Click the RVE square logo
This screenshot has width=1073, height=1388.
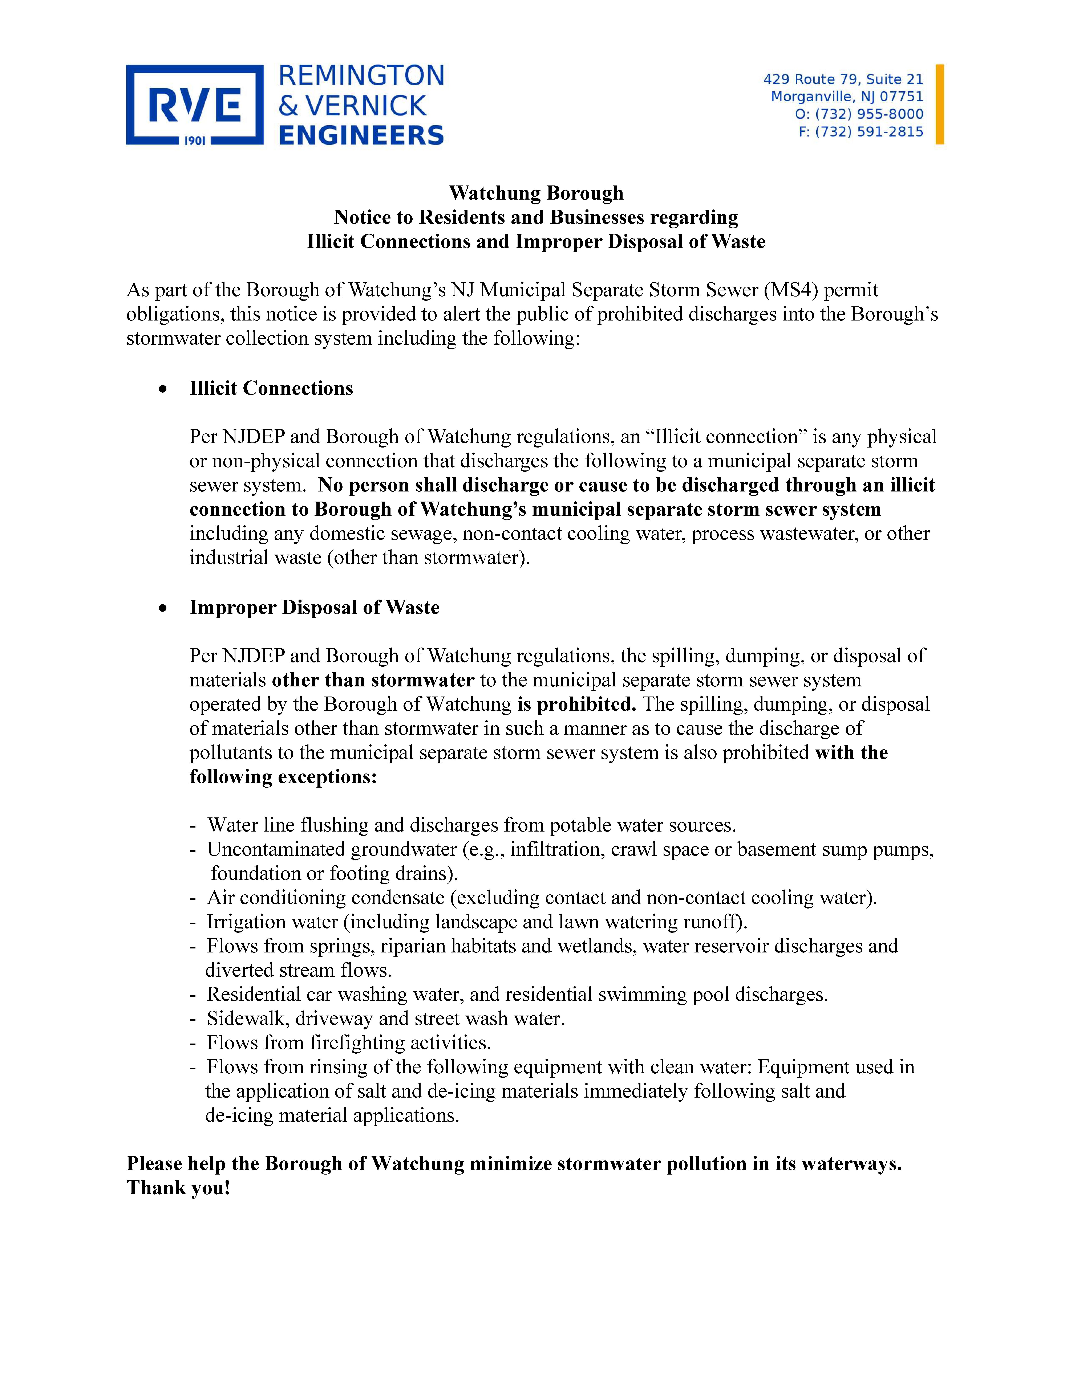pos(195,105)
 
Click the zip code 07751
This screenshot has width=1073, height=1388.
pos(901,97)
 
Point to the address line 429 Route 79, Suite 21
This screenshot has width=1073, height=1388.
pos(843,79)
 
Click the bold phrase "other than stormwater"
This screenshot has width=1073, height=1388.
pos(373,680)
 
